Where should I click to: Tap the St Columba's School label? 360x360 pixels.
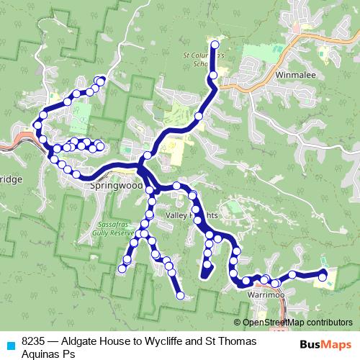[205, 58]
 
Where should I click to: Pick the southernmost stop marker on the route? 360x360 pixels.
[180, 295]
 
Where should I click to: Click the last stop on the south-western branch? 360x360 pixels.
[122, 270]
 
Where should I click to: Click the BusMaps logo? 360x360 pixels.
[322, 344]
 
